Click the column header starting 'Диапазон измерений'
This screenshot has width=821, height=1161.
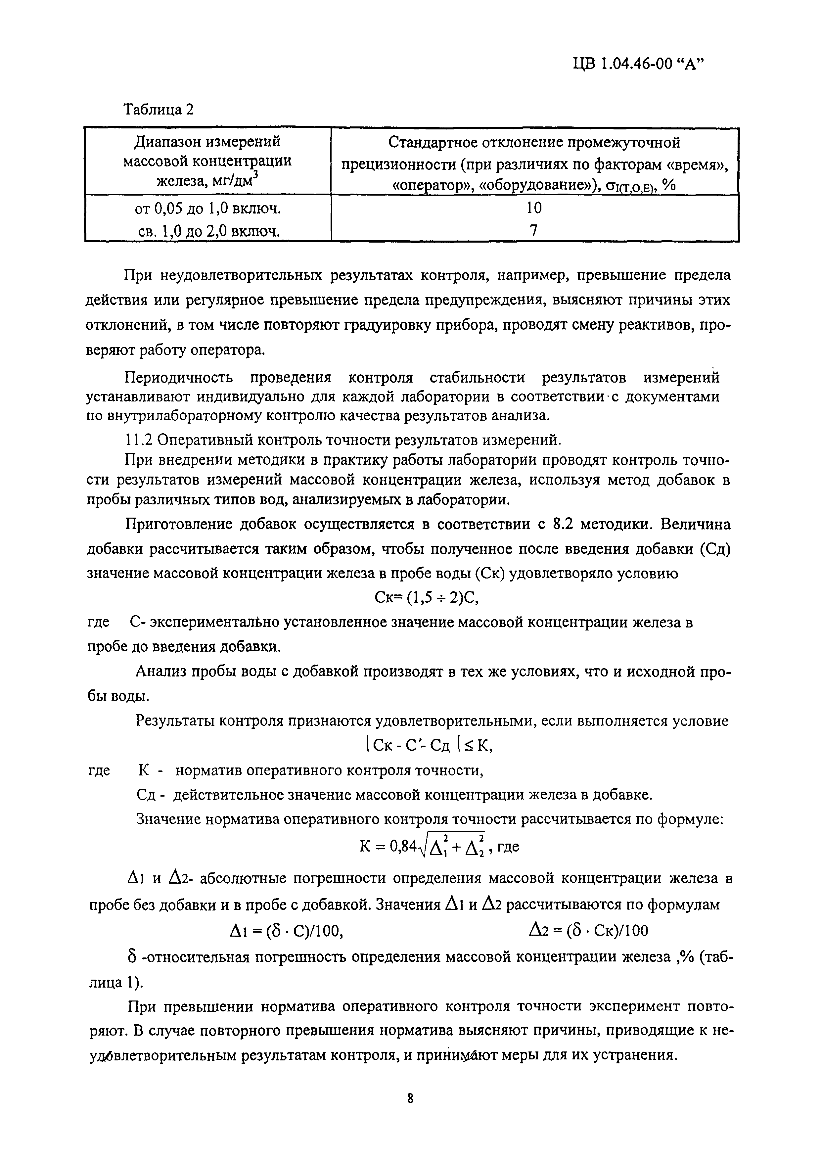[x=207, y=142]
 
